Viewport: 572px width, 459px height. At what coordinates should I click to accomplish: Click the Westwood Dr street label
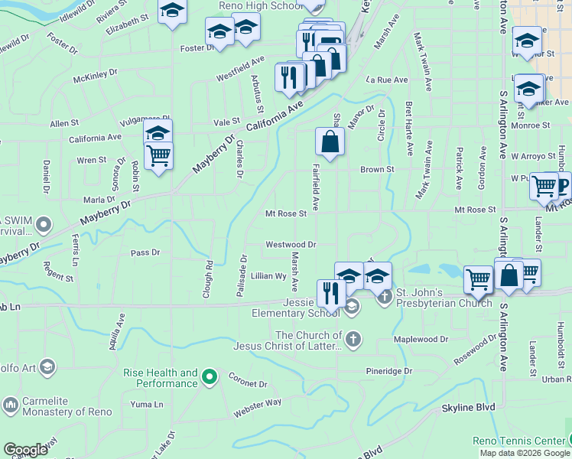coord(291,245)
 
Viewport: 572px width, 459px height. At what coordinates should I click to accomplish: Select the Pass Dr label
coord(145,252)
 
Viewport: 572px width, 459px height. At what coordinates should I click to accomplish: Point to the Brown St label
coord(377,169)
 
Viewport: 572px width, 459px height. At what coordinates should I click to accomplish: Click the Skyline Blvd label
coord(468,408)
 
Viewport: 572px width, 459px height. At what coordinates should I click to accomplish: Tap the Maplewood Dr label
coord(421,339)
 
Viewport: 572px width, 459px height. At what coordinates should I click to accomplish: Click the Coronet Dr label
coord(246,384)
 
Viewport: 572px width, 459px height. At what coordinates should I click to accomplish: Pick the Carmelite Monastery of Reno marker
coord(11,403)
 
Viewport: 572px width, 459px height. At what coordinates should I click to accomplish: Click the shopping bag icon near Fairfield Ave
coord(330,142)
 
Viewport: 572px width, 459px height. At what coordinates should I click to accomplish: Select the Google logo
coord(26,450)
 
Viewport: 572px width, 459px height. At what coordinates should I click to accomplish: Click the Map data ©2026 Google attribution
coord(525,453)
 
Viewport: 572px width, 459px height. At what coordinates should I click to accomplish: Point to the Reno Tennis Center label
coord(517,441)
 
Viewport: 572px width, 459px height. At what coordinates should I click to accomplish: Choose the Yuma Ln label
coord(147,404)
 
